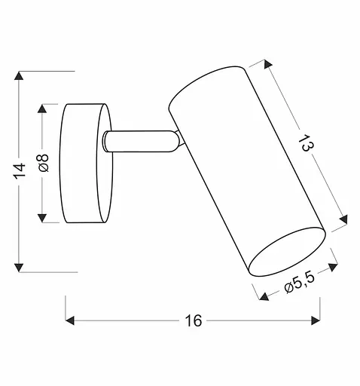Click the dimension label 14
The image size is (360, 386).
click(20, 170)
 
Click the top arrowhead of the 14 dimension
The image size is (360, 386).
click(20, 76)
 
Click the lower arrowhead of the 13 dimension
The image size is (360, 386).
click(345, 220)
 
